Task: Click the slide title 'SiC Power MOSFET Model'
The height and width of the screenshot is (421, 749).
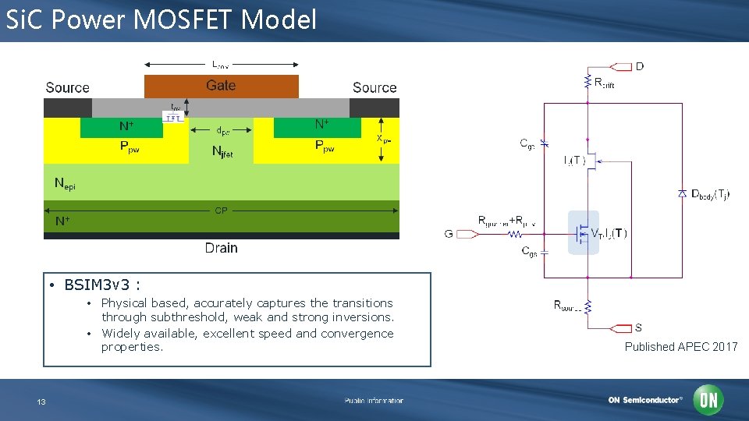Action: [x=161, y=19]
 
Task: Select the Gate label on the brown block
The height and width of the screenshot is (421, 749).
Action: [x=221, y=86]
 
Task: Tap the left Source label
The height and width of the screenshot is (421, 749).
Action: [x=67, y=88]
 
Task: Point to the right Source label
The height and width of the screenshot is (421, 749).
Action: [x=374, y=88]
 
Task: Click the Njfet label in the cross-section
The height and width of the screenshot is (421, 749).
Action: [x=222, y=153]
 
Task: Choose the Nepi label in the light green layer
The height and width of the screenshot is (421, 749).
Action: [x=65, y=184]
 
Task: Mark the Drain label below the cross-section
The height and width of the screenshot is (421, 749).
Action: [x=221, y=248]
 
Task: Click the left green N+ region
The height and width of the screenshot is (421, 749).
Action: [x=122, y=126]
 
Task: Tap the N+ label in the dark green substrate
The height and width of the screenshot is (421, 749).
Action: [x=62, y=221]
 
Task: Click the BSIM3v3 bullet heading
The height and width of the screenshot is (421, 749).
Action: [x=101, y=285]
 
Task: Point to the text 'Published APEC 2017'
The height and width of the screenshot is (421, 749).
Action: [x=680, y=347]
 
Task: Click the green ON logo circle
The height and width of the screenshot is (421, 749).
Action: [x=708, y=401]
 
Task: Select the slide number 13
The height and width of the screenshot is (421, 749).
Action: [x=41, y=402]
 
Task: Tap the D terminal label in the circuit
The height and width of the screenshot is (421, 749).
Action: [x=639, y=66]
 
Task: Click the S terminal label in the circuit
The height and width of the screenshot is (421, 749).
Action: [x=639, y=327]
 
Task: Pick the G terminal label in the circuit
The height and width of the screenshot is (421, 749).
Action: [x=449, y=234]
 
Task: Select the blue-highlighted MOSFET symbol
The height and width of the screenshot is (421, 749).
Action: [x=583, y=232]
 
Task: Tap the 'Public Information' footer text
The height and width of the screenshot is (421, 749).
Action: [x=374, y=401]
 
